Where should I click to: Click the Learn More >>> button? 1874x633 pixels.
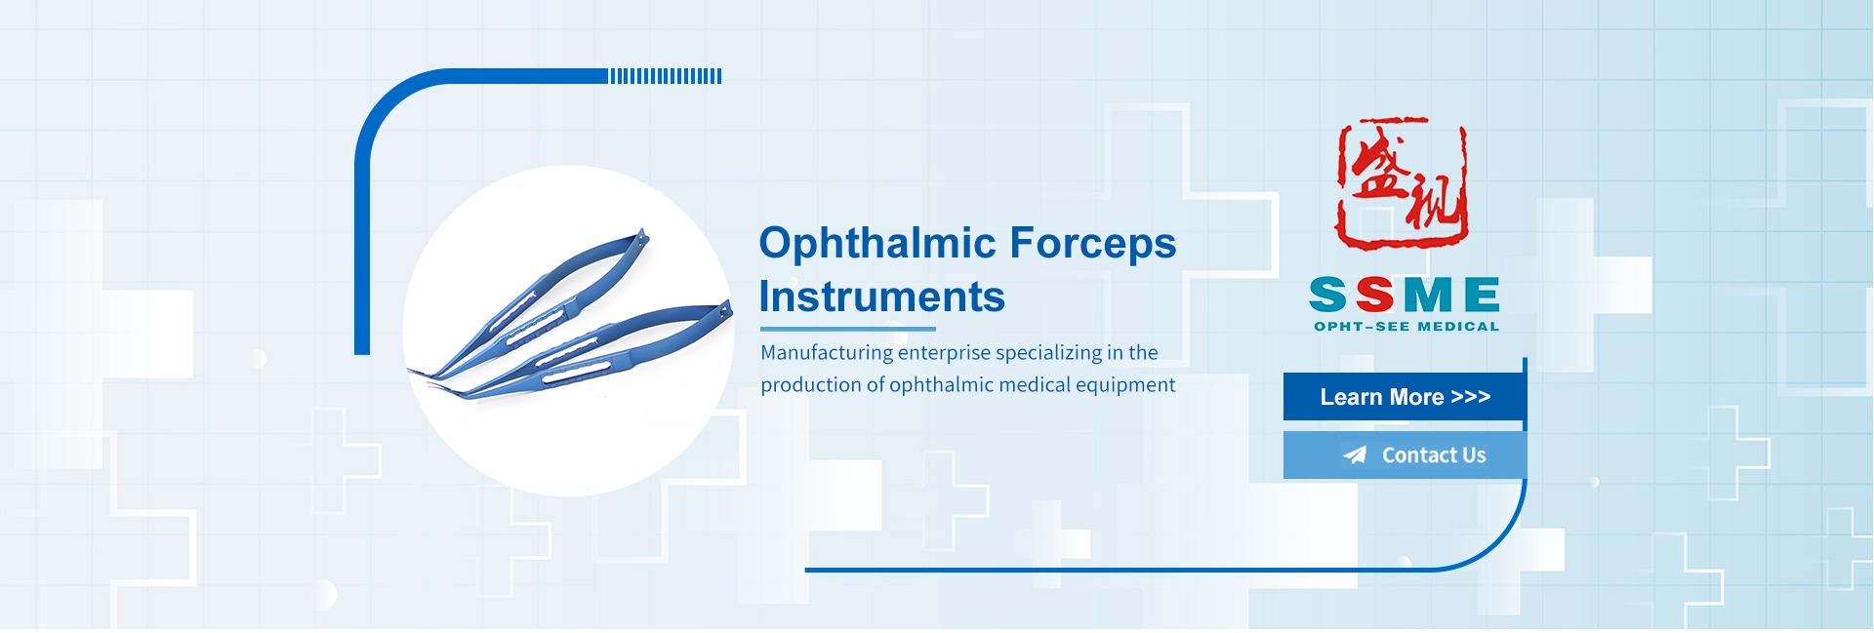[1404, 397]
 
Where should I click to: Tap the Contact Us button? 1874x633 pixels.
[1404, 455]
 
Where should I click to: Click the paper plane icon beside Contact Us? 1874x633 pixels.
[1355, 455]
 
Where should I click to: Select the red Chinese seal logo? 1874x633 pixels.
[1403, 182]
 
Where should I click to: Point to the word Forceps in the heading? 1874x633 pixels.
[1093, 244]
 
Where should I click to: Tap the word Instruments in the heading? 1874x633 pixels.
[882, 297]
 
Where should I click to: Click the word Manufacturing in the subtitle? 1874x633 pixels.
[827, 353]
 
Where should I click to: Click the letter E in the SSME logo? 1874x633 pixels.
[1482, 295]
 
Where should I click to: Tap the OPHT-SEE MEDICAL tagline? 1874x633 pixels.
[1406, 327]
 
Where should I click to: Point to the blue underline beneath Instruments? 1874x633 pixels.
[847, 329]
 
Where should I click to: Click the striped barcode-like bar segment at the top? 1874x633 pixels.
[666, 76]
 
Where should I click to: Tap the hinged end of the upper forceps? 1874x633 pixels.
[638, 239]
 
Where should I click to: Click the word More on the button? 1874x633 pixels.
[1416, 397]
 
